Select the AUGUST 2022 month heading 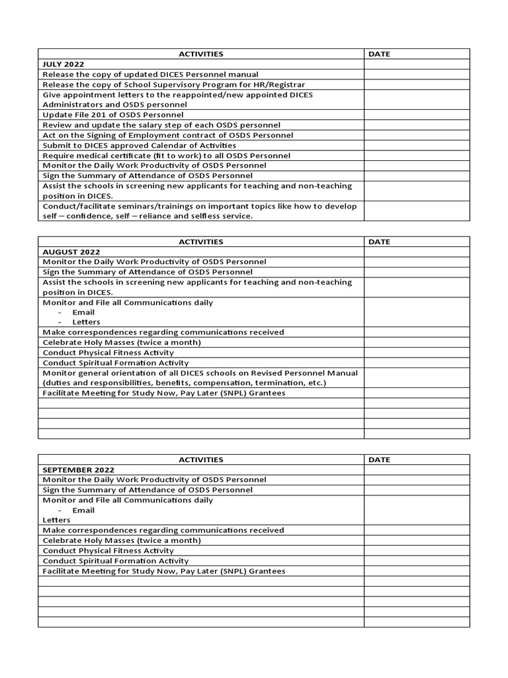coord(71,252)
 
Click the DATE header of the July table coord(379,54)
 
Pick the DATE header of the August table coord(379,242)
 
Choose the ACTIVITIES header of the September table coord(200,460)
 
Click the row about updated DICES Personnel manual coord(150,74)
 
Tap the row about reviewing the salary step coord(161,124)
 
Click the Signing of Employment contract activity coord(168,135)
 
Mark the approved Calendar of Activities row coord(139,145)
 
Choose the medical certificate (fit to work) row coord(166,156)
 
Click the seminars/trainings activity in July coord(199,211)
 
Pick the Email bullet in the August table coord(83,313)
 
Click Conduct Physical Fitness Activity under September coord(108,551)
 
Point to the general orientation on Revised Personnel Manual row coord(200,378)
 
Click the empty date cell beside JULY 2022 coord(416,64)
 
